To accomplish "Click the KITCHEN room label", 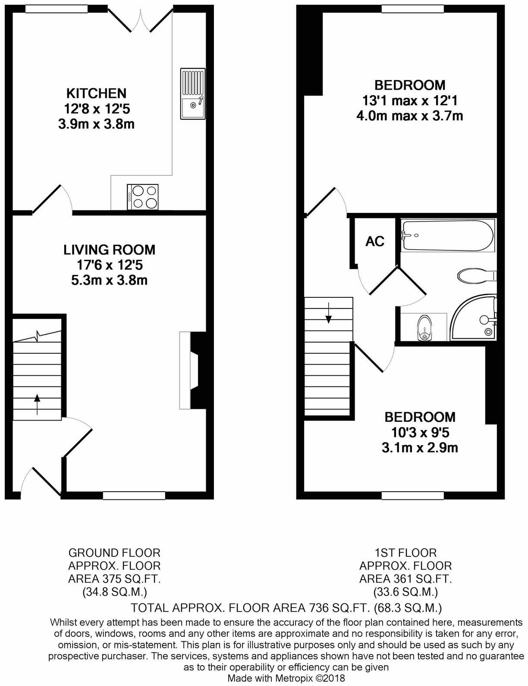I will click(96, 93).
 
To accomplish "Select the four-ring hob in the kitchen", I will click(143, 197).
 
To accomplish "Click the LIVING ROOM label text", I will click(109, 249).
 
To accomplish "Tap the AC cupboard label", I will click(374, 241).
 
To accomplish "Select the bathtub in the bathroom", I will click(447, 235).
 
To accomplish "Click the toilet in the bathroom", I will click(476, 276).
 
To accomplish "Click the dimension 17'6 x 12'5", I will click(109, 265).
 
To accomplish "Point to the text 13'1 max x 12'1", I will click(409, 100).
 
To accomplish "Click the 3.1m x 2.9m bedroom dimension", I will click(420, 448).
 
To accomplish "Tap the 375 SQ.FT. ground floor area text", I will click(114, 580).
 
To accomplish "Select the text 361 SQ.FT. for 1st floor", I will click(405, 580).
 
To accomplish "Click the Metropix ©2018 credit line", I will click(286, 678).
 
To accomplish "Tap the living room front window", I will click(134, 496).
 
